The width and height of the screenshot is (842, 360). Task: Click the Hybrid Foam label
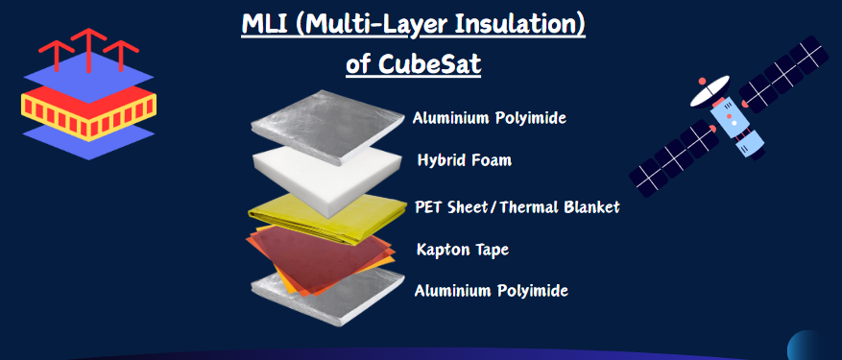point(465,160)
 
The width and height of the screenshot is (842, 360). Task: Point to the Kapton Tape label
point(463,250)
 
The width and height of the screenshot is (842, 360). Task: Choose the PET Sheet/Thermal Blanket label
point(517,206)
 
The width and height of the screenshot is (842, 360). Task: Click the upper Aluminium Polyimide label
point(490,118)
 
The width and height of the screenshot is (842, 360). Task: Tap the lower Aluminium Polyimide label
point(492,291)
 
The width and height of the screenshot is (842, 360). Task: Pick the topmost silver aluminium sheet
point(326,127)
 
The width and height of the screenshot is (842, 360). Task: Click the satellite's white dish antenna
point(710,91)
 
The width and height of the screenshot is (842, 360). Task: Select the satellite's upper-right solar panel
point(785,74)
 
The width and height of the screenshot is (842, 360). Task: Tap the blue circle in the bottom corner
point(814,345)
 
